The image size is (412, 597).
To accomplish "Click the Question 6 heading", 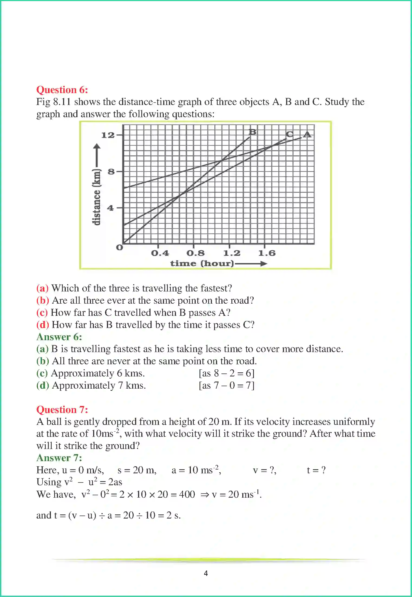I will coord(62,90).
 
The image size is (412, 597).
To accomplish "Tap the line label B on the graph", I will coord(252,132).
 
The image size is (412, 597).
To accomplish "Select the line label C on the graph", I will coord(289,134).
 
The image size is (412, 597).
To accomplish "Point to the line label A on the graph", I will coord(307,134).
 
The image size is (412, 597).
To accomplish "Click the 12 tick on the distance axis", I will coord(108,135).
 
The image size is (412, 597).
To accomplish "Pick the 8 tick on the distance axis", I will coord(111,172).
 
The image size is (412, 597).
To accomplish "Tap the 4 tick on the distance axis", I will coord(110,208).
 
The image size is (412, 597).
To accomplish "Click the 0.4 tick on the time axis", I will coord(160,253).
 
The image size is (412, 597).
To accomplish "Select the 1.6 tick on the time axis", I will coord(266,253).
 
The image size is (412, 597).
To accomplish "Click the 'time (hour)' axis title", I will coord(202,263).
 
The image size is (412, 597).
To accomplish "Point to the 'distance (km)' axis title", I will coord(96,197).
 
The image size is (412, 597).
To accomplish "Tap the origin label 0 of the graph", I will coord(119,247).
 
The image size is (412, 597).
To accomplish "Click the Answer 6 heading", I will coord(59,337).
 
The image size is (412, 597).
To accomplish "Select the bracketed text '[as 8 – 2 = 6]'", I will coord(227,373).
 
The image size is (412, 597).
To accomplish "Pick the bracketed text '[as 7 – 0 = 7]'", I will coord(227,385).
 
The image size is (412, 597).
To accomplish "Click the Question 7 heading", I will coord(62,409).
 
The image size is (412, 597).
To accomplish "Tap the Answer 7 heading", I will coord(59,458).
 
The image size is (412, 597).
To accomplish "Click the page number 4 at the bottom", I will coord(206,573).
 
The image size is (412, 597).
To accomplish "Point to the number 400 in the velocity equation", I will coord(187,494).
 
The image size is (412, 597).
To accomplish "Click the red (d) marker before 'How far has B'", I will coord(42,325).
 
